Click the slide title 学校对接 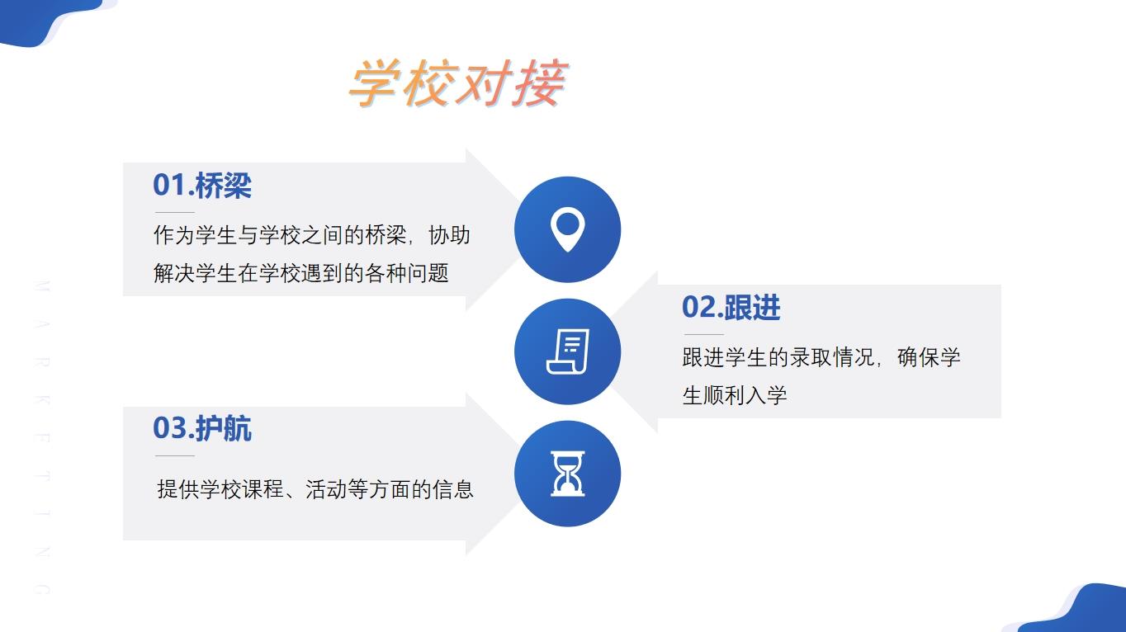(458, 83)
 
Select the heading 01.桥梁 (202, 185)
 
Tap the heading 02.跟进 (731, 307)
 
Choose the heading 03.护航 (202, 428)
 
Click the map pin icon (567, 229)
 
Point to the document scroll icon (567, 351)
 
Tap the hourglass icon (567, 474)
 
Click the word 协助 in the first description (449, 235)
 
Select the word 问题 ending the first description (428, 273)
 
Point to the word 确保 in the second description (918, 357)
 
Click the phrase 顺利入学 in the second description (745, 395)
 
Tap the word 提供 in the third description (178, 489)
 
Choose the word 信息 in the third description (453, 489)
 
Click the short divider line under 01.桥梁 (175, 212)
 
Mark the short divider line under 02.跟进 (703, 334)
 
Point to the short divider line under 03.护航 (175, 455)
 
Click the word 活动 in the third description (326, 489)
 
